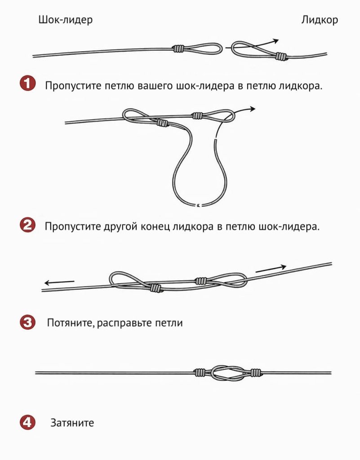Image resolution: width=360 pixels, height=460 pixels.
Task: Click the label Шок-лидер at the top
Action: pos(66,20)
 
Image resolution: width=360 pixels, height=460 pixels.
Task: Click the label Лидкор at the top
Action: pos(320,20)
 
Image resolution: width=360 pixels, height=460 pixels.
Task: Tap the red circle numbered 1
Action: pos(27,84)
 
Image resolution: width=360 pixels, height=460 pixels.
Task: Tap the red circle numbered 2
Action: pos(27,226)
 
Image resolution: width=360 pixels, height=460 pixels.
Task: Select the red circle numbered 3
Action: pos(27,323)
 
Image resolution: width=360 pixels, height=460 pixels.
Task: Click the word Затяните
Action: pos(72,423)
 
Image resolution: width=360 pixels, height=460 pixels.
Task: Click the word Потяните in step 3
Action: pos(69,323)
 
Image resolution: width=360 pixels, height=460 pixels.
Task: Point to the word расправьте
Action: pos(124,323)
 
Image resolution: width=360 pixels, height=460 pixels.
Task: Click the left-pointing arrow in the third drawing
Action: pos(59,283)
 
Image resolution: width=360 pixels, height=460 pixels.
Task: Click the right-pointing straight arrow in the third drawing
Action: pos(271,269)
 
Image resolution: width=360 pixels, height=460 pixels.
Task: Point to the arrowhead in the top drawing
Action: pos(275,41)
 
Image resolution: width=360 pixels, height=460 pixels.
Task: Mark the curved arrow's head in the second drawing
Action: pos(252,109)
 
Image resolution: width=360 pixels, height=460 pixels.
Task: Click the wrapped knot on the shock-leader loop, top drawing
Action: pos(178,49)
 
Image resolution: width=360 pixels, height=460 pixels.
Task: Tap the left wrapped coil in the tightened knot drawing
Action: pos(200,372)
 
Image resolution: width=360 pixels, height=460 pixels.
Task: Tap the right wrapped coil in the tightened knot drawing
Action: pos(256,372)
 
